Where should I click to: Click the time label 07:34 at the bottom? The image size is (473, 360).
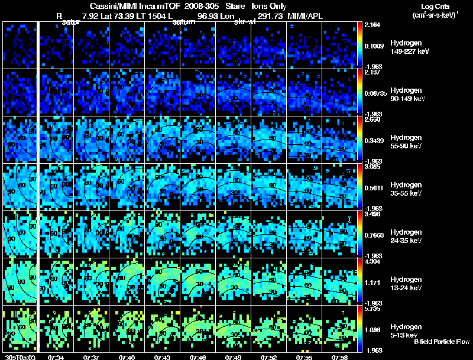point(56,357)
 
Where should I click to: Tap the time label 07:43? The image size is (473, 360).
point(162,357)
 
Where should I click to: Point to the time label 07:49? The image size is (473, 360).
point(233,357)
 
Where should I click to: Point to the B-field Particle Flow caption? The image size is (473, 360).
point(441,342)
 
